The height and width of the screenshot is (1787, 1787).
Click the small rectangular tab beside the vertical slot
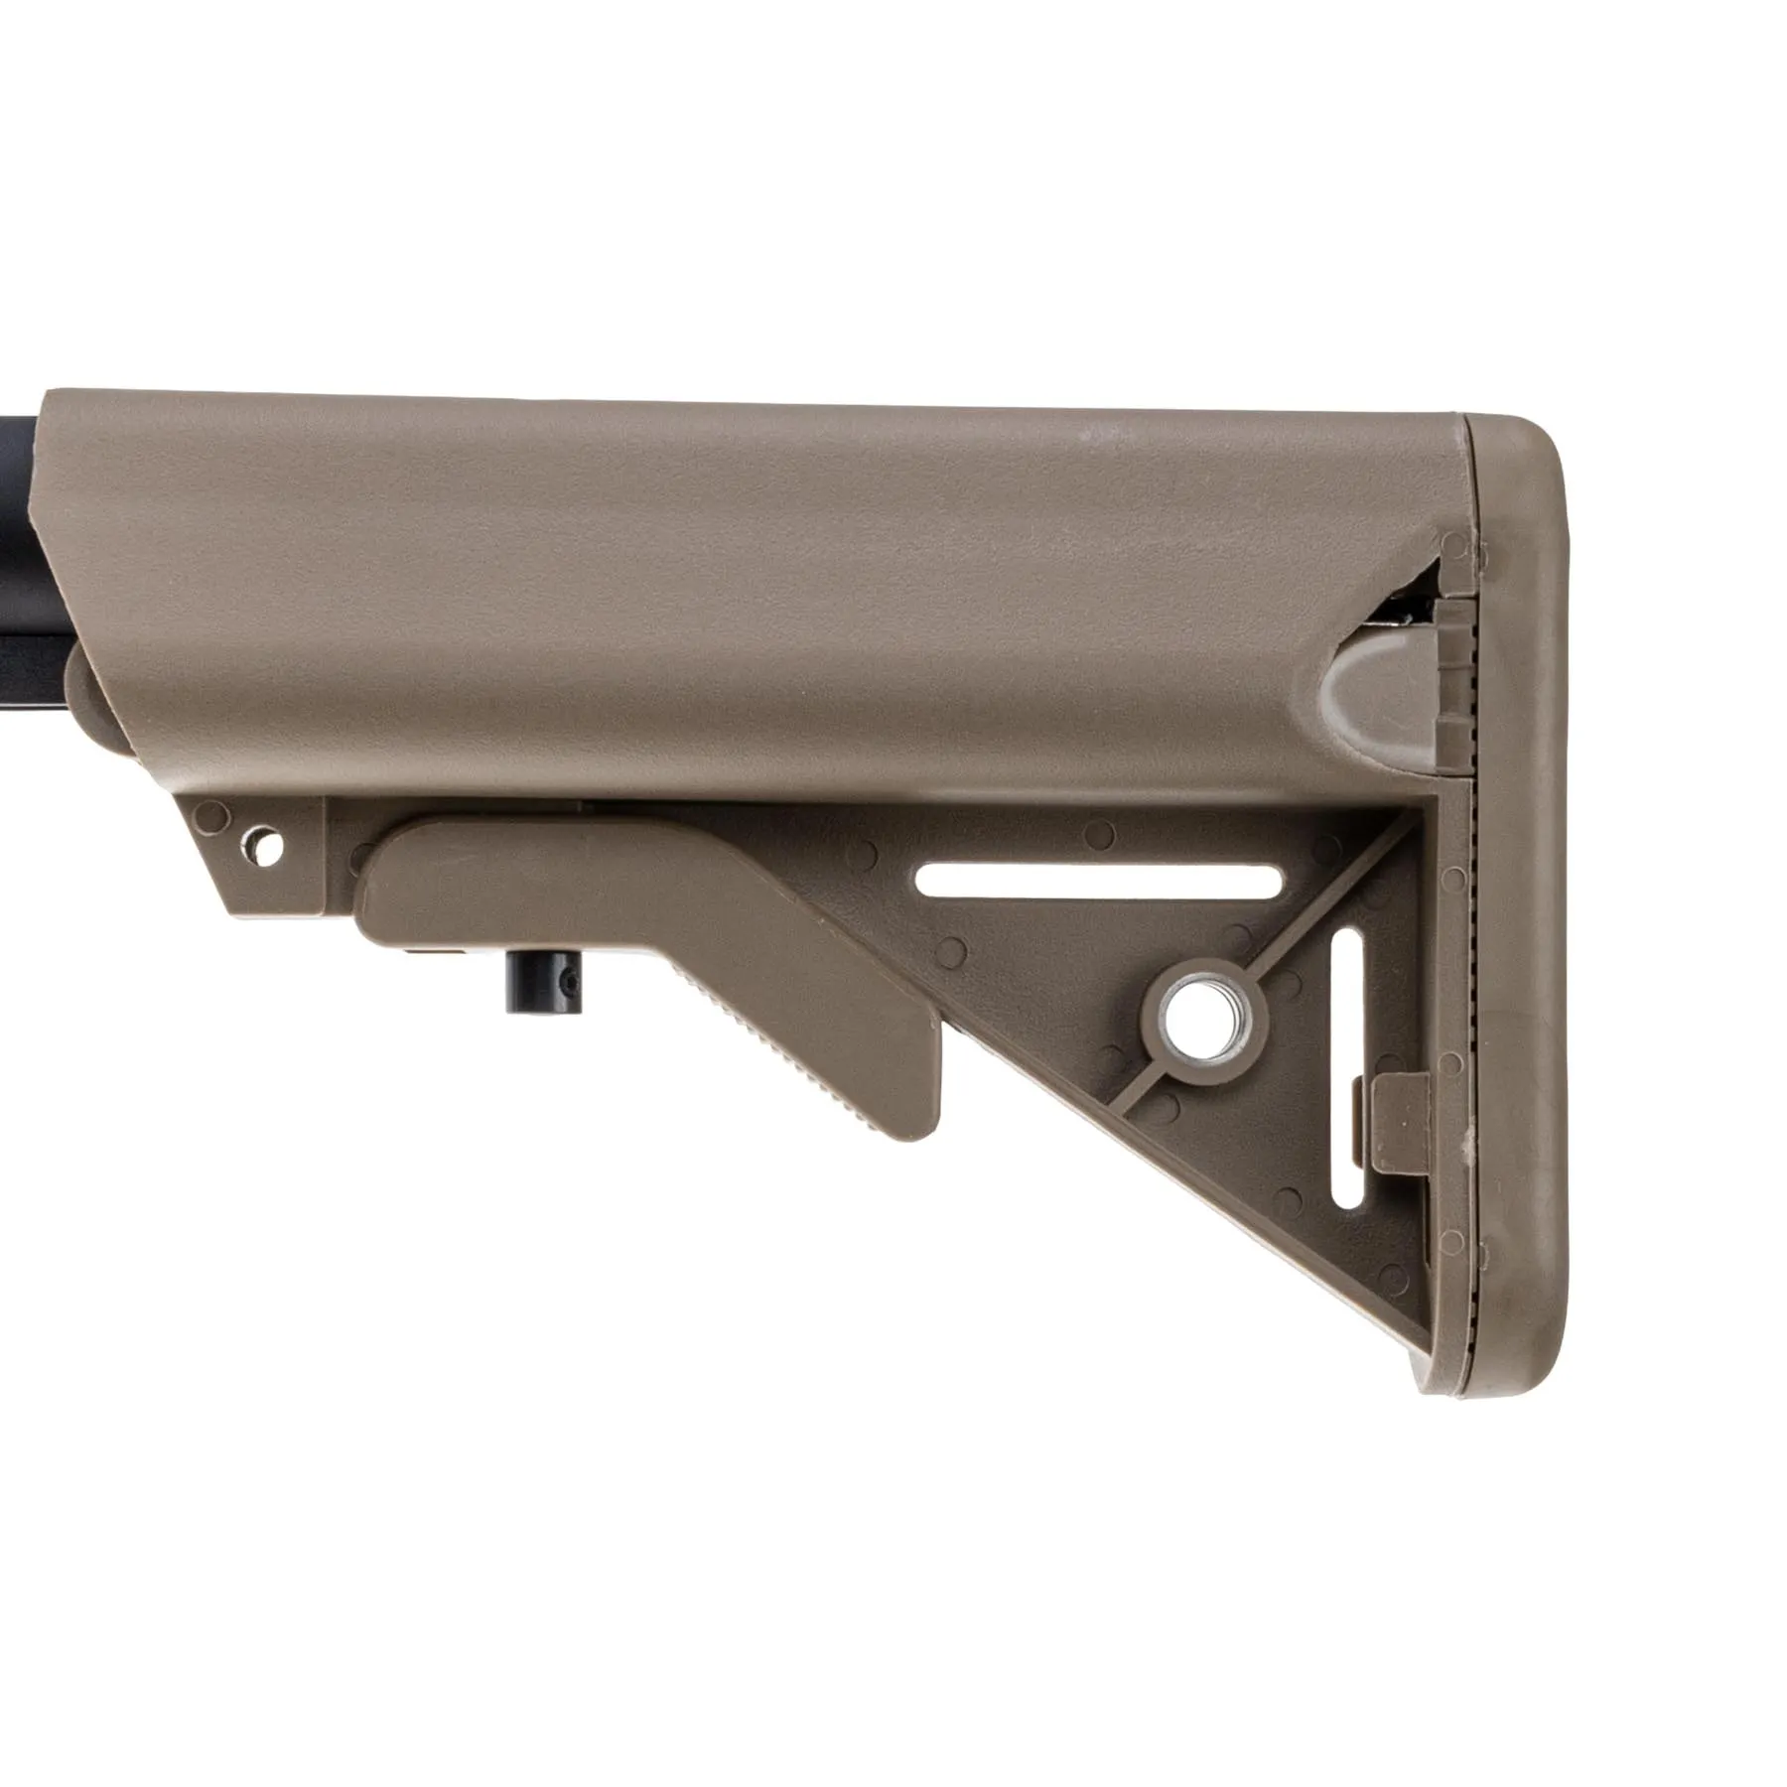point(1400,1122)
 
